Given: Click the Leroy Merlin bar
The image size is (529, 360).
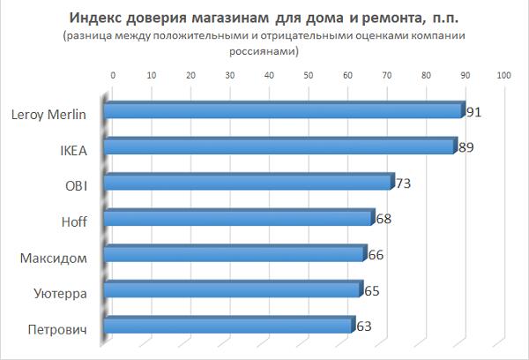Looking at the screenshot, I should [x=282, y=110].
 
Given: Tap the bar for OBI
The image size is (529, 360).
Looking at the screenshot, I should [x=247, y=183].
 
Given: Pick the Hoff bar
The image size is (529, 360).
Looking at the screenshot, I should [x=238, y=218].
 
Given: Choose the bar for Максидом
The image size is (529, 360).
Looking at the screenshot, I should [x=234, y=254].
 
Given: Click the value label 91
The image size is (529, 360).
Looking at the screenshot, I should [x=474, y=111].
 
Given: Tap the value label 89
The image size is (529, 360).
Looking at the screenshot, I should [x=466, y=147].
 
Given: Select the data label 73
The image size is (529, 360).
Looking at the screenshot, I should [x=404, y=184].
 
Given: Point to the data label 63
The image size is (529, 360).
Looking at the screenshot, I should [x=364, y=326].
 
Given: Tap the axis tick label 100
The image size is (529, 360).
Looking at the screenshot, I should [x=504, y=76].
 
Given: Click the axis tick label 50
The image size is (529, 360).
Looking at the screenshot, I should [x=309, y=76].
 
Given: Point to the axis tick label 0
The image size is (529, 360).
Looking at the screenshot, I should [x=113, y=76].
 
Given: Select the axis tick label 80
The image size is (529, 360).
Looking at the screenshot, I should [x=426, y=76].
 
